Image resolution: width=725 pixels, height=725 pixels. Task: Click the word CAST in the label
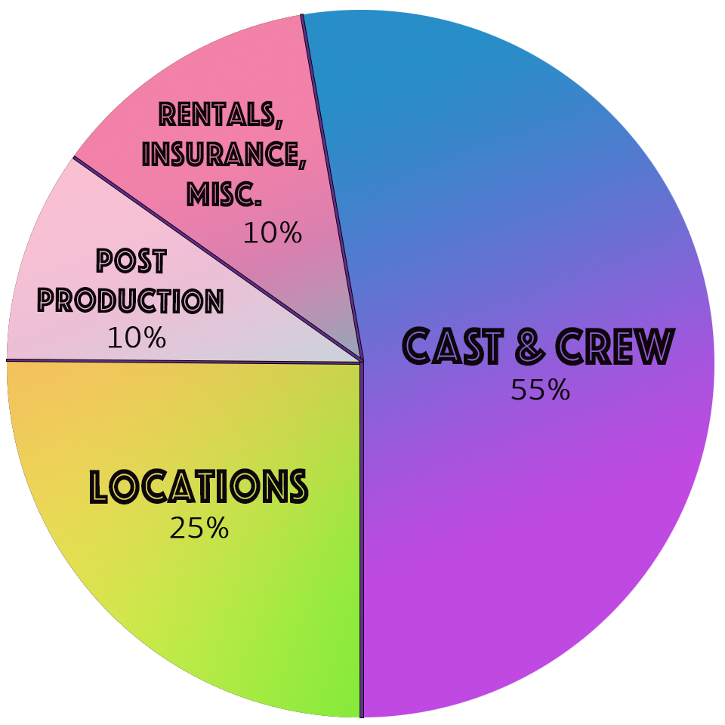click(x=452, y=346)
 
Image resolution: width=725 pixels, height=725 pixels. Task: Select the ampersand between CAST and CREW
click(x=530, y=346)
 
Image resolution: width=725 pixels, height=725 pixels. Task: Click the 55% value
click(x=540, y=390)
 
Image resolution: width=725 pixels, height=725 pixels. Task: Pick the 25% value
click(x=199, y=528)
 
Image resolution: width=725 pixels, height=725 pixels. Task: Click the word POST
click(x=131, y=261)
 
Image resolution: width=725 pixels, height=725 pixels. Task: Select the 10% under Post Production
click(x=137, y=338)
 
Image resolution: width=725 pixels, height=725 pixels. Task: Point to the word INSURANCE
click(x=224, y=153)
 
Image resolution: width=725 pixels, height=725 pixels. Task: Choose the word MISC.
click(x=224, y=194)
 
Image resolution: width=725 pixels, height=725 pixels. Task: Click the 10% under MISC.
click(x=273, y=233)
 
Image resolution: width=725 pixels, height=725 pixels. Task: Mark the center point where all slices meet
click(x=362, y=361)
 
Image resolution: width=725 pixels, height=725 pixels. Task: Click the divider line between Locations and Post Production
click(x=184, y=361)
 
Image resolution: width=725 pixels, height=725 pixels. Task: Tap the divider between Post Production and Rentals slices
click(x=217, y=258)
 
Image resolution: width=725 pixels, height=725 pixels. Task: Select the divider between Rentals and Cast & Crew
click(x=332, y=187)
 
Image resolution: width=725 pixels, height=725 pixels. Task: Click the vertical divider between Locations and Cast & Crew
click(x=362, y=539)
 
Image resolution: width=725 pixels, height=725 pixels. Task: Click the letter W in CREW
click(x=656, y=346)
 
